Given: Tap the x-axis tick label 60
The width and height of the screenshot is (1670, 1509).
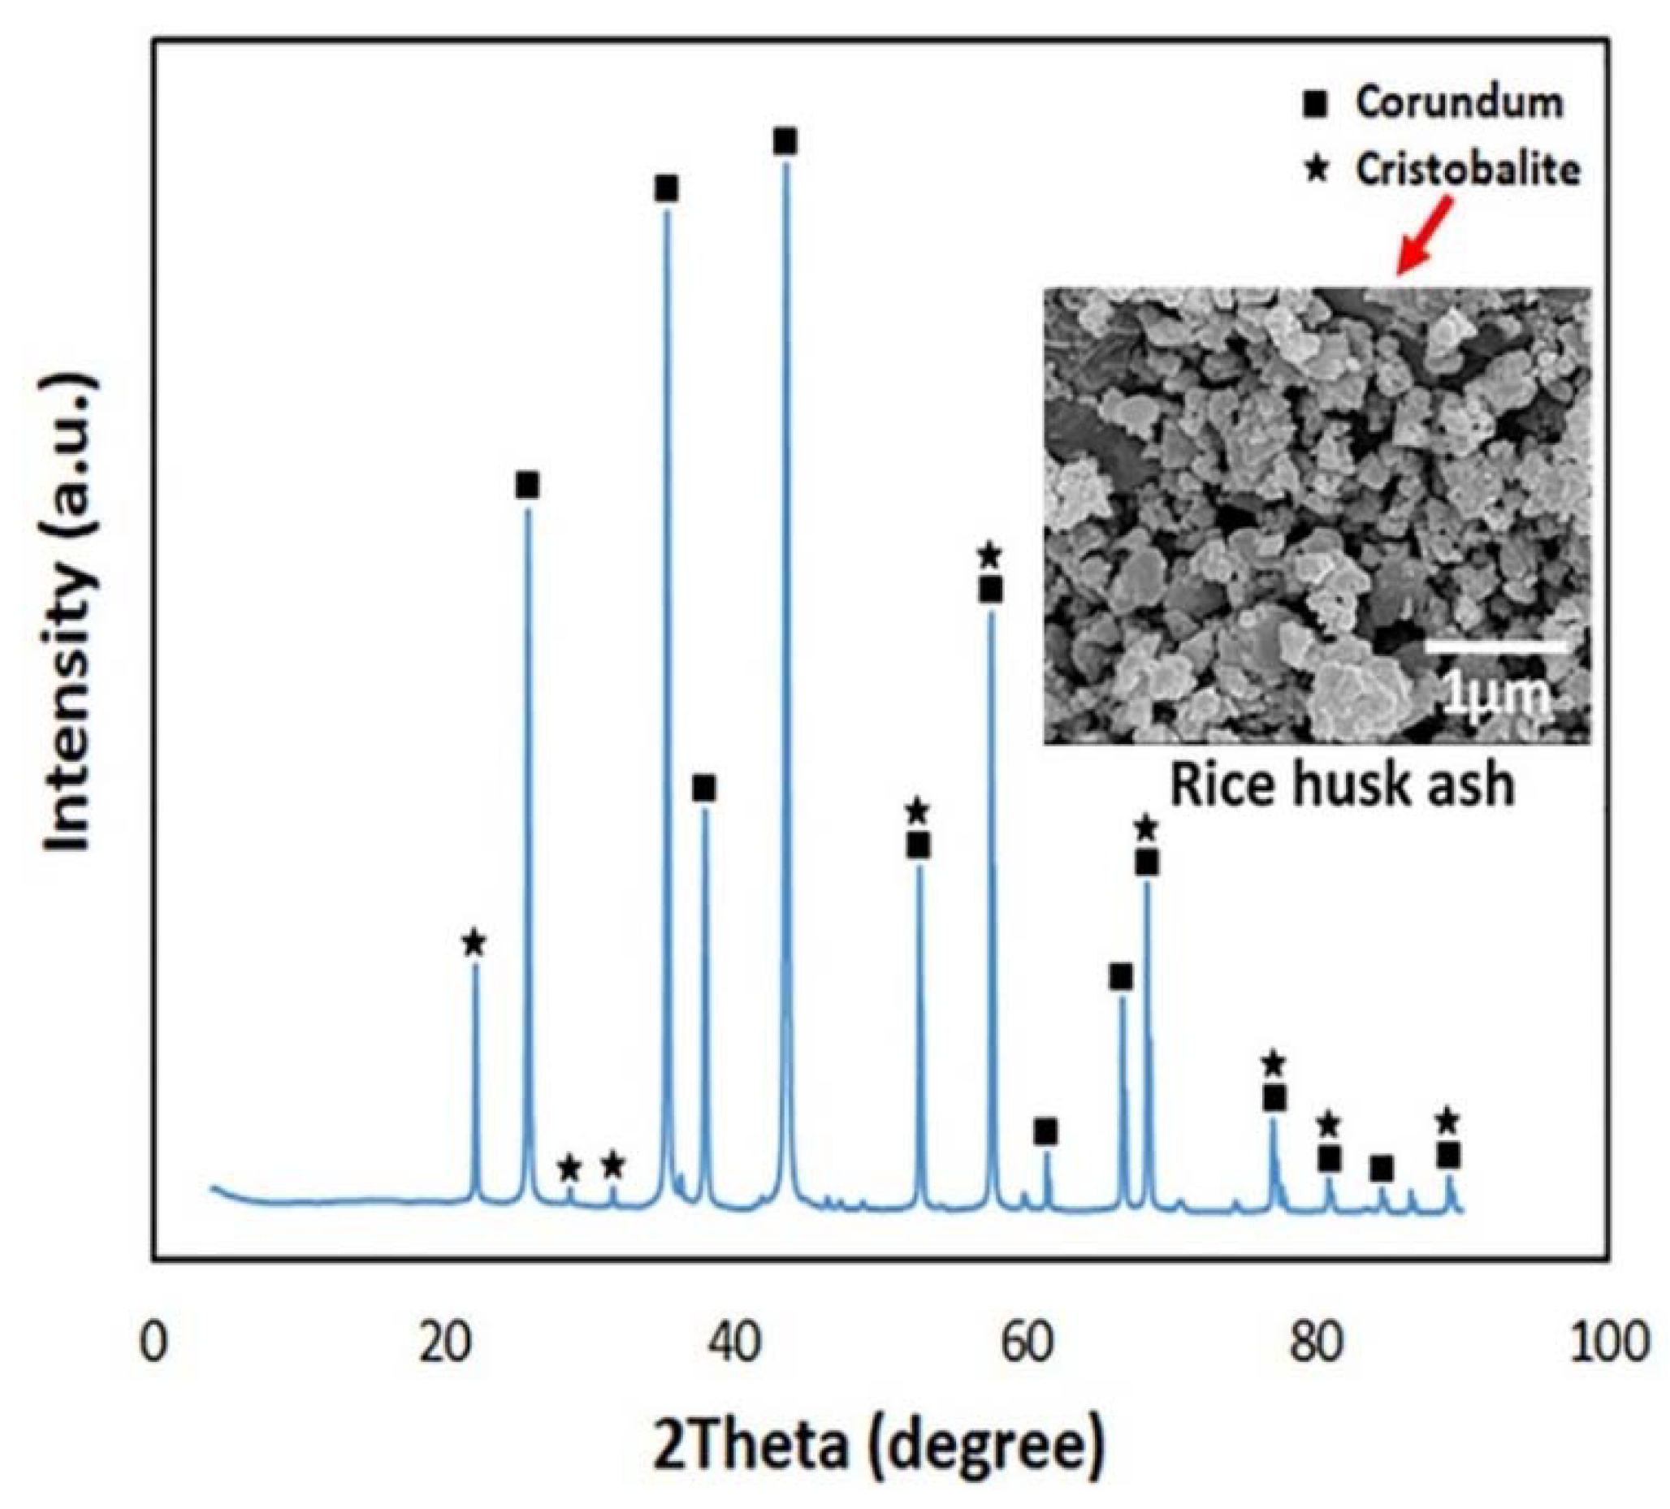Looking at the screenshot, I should point(1028,1343).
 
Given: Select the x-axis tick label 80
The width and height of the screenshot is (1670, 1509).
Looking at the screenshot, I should point(1318,1343).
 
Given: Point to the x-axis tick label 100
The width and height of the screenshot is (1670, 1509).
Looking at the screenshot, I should point(1610,1343).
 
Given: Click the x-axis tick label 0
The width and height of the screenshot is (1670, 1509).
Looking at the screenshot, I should point(154,1343).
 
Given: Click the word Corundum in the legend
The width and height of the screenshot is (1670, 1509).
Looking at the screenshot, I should point(1460,102).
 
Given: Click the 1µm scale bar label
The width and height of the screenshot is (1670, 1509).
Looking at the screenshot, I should point(1498,694).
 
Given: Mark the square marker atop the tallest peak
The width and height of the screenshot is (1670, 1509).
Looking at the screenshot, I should point(785,141).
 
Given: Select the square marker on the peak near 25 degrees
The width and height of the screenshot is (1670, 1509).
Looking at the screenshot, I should point(528,486).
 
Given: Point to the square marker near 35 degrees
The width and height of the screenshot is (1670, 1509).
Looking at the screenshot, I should point(666,189).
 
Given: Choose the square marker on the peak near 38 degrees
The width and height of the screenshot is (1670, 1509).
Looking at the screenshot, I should point(704,789).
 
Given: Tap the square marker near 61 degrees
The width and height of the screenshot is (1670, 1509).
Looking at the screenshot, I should point(1046,1131).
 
